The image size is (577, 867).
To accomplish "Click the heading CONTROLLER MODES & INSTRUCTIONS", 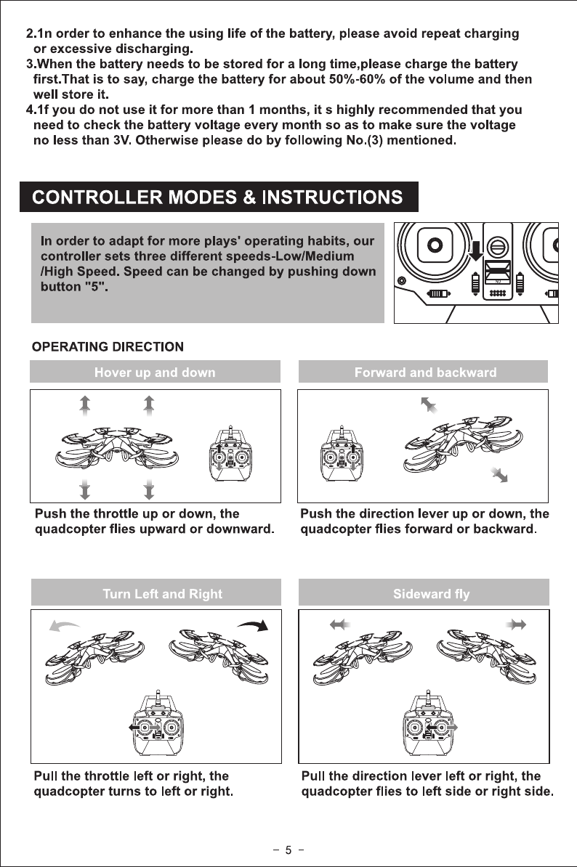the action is (x=219, y=196).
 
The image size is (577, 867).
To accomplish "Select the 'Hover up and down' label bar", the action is (x=155, y=373).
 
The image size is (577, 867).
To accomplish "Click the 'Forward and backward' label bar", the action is (x=425, y=373).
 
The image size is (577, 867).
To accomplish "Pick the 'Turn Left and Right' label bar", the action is (x=162, y=594).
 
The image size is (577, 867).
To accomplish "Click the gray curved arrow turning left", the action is (x=64, y=624).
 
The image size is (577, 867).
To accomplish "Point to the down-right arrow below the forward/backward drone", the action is (x=499, y=475).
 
